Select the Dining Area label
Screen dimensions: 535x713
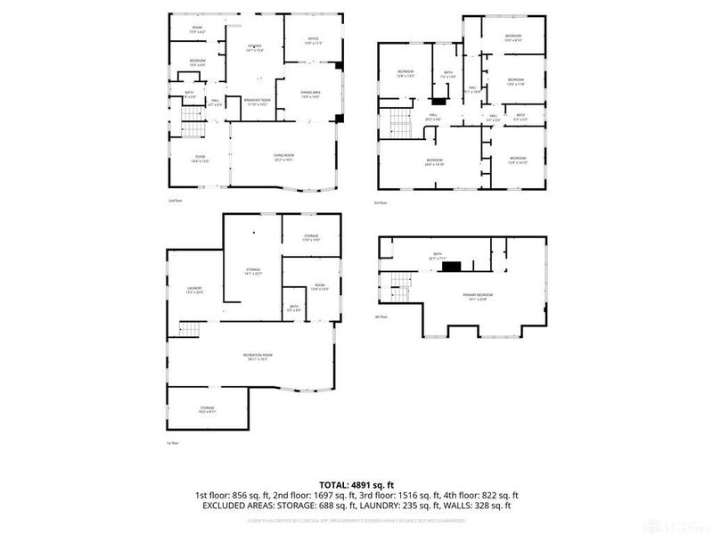[311, 95]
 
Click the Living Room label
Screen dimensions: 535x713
[283, 158]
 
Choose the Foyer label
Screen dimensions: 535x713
[200, 159]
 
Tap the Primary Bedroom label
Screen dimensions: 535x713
[478, 296]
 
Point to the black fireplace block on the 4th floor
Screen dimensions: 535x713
[453, 265]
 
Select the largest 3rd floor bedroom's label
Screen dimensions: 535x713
[433, 162]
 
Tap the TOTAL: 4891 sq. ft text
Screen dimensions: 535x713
[356, 484]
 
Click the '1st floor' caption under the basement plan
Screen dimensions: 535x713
[174, 443]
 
